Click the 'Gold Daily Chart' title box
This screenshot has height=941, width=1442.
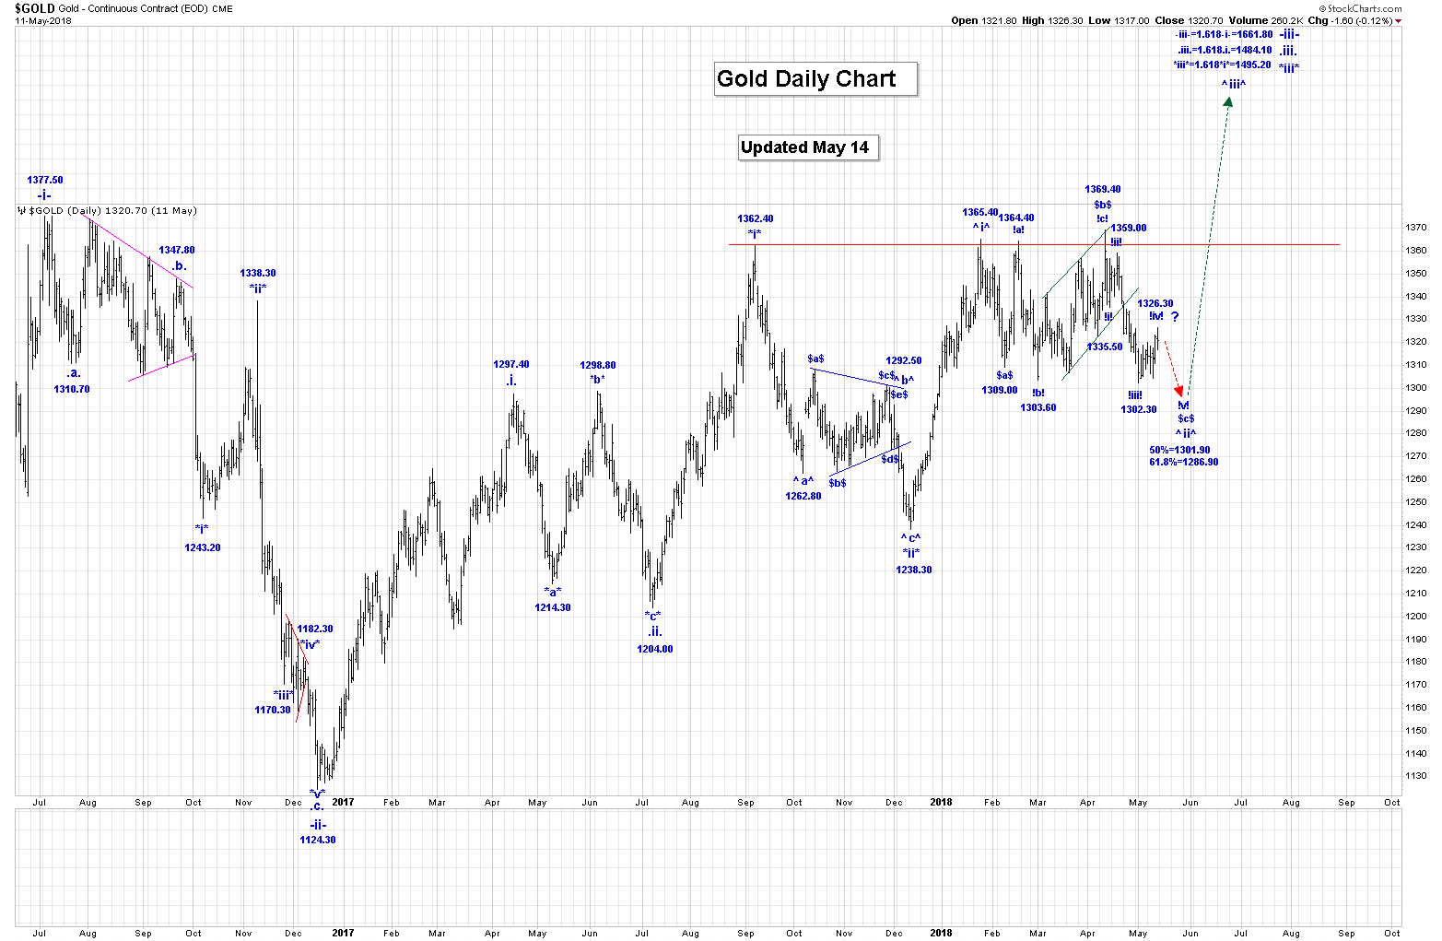pyautogui.click(x=815, y=79)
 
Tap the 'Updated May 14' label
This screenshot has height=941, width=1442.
pyautogui.click(x=808, y=147)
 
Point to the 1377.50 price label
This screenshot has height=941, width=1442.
pyautogui.click(x=45, y=181)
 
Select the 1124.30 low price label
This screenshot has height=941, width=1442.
pyautogui.click(x=317, y=841)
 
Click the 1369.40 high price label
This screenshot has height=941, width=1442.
pyautogui.click(x=1103, y=190)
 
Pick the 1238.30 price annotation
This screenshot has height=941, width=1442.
pyautogui.click(x=914, y=570)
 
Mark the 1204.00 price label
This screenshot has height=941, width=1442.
pyautogui.click(x=655, y=650)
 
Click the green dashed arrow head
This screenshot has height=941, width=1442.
pyautogui.click(x=1228, y=100)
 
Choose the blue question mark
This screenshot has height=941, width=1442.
pyautogui.click(x=1175, y=318)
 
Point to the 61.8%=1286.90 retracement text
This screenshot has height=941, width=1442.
pyautogui.click(x=1183, y=463)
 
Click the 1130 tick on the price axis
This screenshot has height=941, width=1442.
pyautogui.click(x=1416, y=776)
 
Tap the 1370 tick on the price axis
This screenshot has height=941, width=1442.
pyautogui.click(x=1416, y=228)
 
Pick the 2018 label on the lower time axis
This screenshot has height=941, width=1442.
pyautogui.click(x=941, y=933)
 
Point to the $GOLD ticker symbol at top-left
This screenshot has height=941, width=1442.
pyautogui.click(x=35, y=8)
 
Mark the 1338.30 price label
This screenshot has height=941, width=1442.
pyautogui.click(x=258, y=274)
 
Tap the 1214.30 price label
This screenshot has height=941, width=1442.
pyautogui.click(x=553, y=608)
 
